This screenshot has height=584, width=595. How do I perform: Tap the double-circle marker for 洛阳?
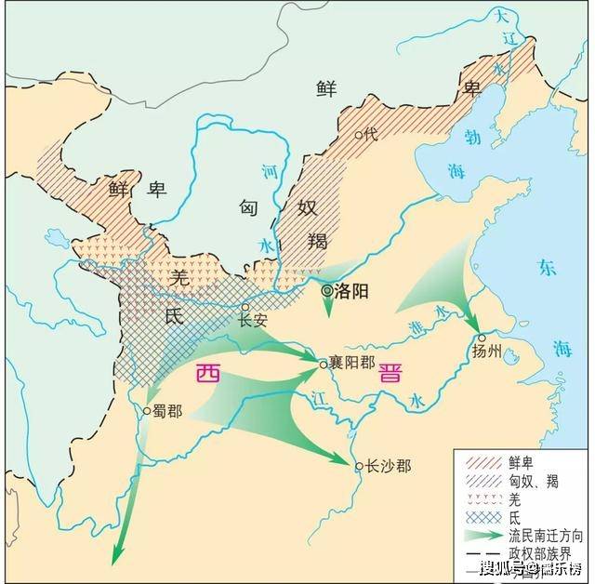(327, 291)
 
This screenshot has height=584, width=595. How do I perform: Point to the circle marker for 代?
(359, 134)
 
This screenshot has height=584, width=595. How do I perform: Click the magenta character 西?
(208, 374)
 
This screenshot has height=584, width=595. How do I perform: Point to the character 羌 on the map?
(180, 275)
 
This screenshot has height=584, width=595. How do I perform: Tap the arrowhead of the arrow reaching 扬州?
(473, 325)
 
